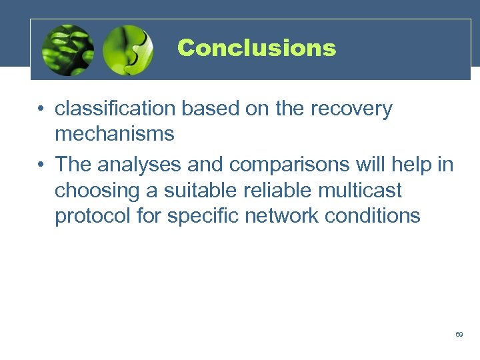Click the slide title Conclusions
coord(257,48)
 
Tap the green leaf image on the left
coord(67,50)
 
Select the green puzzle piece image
coord(129,50)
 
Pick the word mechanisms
coord(114,134)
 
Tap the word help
coord(410,164)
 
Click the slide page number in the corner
coord(459,334)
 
